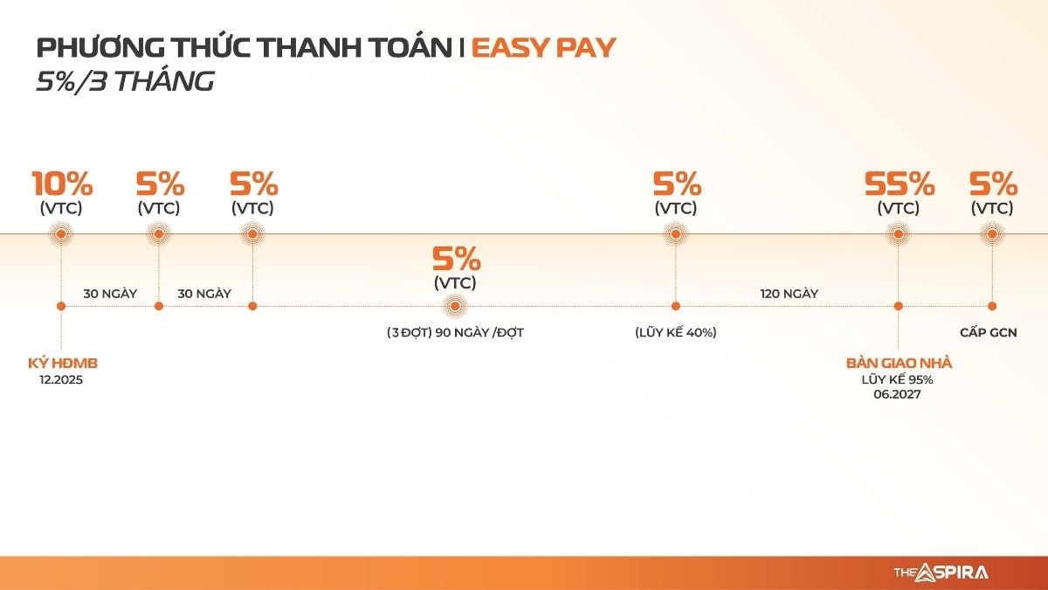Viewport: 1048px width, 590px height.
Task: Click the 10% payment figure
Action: click(x=62, y=184)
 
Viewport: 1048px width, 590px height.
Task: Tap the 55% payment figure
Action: click(x=900, y=184)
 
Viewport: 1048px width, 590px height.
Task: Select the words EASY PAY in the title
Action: click(x=543, y=48)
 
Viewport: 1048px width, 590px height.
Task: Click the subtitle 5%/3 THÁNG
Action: click(x=126, y=80)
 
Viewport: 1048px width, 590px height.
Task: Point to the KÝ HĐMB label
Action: click(x=63, y=364)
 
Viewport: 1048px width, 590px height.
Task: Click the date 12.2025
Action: click(x=61, y=379)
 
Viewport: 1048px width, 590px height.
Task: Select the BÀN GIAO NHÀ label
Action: click(x=899, y=364)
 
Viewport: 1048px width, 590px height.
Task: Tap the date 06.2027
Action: click(x=898, y=394)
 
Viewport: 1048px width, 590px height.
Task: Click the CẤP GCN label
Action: click(x=988, y=332)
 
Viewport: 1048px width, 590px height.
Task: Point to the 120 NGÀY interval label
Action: click(x=789, y=294)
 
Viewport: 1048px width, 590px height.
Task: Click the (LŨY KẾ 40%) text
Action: click(x=676, y=332)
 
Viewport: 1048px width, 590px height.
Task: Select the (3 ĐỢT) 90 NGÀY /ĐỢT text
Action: click(x=455, y=332)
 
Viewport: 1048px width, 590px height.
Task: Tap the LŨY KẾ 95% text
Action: click(x=898, y=379)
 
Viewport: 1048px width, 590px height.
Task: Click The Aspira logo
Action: click(x=941, y=573)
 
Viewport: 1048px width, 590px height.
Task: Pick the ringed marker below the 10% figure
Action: click(x=61, y=234)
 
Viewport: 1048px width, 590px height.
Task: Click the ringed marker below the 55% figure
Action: click(x=899, y=234)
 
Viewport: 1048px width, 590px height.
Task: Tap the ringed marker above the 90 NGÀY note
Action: click(x=455, y=306)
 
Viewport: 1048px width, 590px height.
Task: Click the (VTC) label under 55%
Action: click(x=899, y=208)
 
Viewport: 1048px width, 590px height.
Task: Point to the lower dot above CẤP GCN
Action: click(x=992, y=306)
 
